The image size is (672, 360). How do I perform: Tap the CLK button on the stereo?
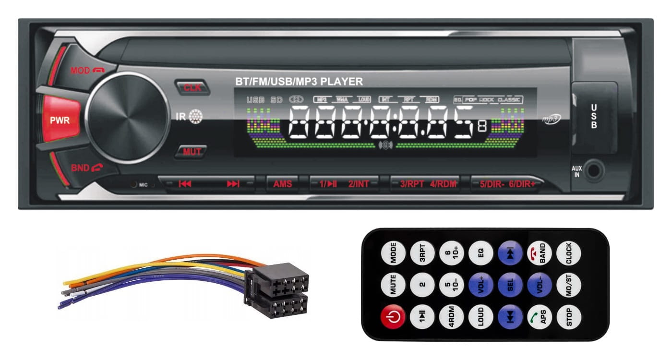tap(192, 87)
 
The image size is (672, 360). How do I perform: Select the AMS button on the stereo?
tap(283, 183)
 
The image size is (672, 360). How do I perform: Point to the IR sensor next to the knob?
tap(194, 117)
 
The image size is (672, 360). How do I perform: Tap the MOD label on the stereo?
tap(80, 71)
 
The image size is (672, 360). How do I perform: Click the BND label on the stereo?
tap(80, 168)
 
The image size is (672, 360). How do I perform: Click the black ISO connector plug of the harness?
tap(278, 290)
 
